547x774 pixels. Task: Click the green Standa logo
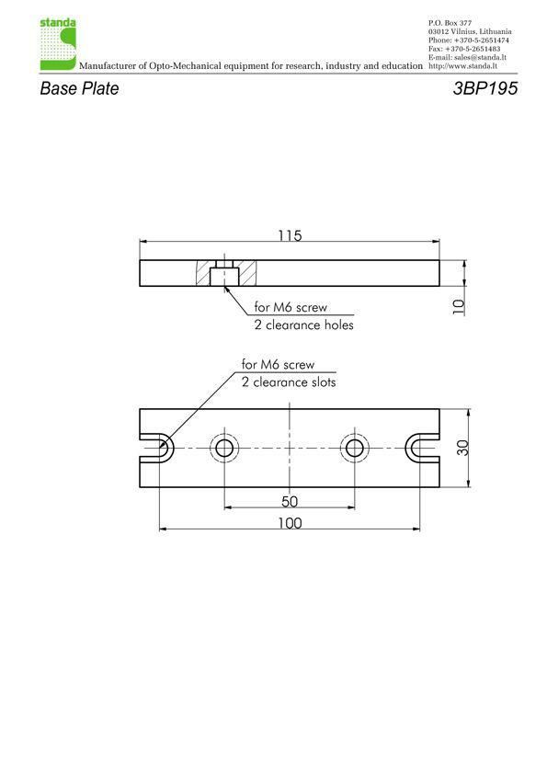(x=58, y=44)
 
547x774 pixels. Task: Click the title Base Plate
(x=79, y=88)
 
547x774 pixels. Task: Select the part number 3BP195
(x=484, y=88)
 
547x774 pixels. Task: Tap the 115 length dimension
(x=290, y=235)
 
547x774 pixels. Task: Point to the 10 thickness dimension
(x=459, y=307)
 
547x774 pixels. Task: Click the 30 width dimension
(x=462, y=448)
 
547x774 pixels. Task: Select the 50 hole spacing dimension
(x=290, y=502)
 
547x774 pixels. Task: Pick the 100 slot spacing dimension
(x=290, y=523)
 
